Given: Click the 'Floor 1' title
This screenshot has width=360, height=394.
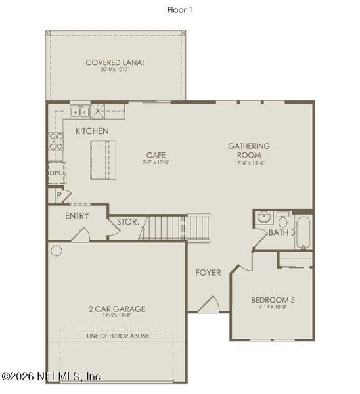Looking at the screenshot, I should point(179,10).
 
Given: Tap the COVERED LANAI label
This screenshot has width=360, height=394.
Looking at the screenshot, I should point(114,63).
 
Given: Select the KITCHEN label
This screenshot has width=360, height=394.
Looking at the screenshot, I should point(92,131).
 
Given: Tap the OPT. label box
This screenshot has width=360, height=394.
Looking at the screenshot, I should point(56,173).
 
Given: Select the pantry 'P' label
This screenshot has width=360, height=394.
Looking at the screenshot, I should point(58,195).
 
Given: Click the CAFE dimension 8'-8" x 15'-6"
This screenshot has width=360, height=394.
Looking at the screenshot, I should point(156,162).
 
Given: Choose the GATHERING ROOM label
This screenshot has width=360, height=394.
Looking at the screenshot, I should point(249,150).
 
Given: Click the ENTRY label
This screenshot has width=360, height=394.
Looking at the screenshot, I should point(78,216).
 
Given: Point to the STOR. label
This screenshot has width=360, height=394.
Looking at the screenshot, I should point(127,222).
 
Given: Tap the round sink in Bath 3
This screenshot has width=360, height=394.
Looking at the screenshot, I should point(263,217).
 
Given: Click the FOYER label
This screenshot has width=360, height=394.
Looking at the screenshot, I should point(208,273).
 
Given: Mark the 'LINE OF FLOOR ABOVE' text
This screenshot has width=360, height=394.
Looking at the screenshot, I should point(118,336).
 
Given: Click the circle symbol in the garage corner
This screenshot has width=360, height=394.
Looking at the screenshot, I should point(56,250).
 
